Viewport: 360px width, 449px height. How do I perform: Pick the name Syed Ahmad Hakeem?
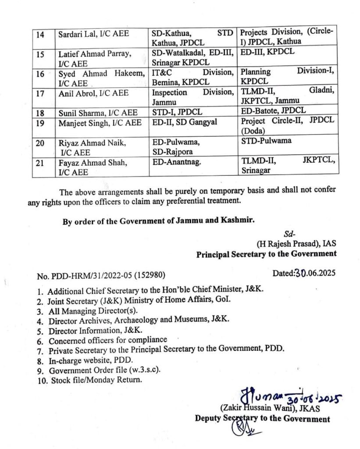[101, 73]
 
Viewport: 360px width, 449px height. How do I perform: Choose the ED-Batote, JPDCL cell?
[274, 110]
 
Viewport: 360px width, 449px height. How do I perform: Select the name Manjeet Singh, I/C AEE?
[100, 123]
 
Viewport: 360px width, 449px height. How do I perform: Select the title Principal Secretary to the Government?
[266, 253]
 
